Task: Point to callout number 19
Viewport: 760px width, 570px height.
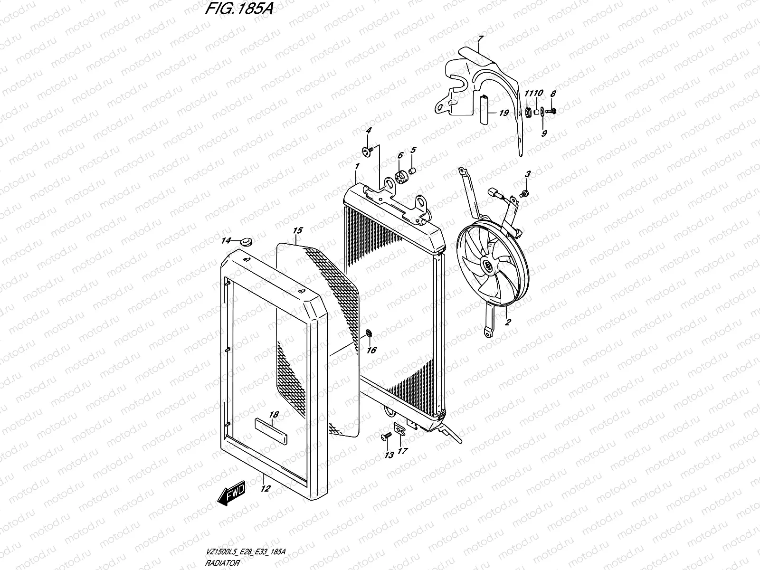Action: coord(504,113)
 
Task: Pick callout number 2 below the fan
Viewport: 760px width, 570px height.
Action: coord(508,322)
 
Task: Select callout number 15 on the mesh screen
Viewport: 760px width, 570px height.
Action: coord(297,231)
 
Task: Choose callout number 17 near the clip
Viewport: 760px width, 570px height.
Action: coord(402,451)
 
